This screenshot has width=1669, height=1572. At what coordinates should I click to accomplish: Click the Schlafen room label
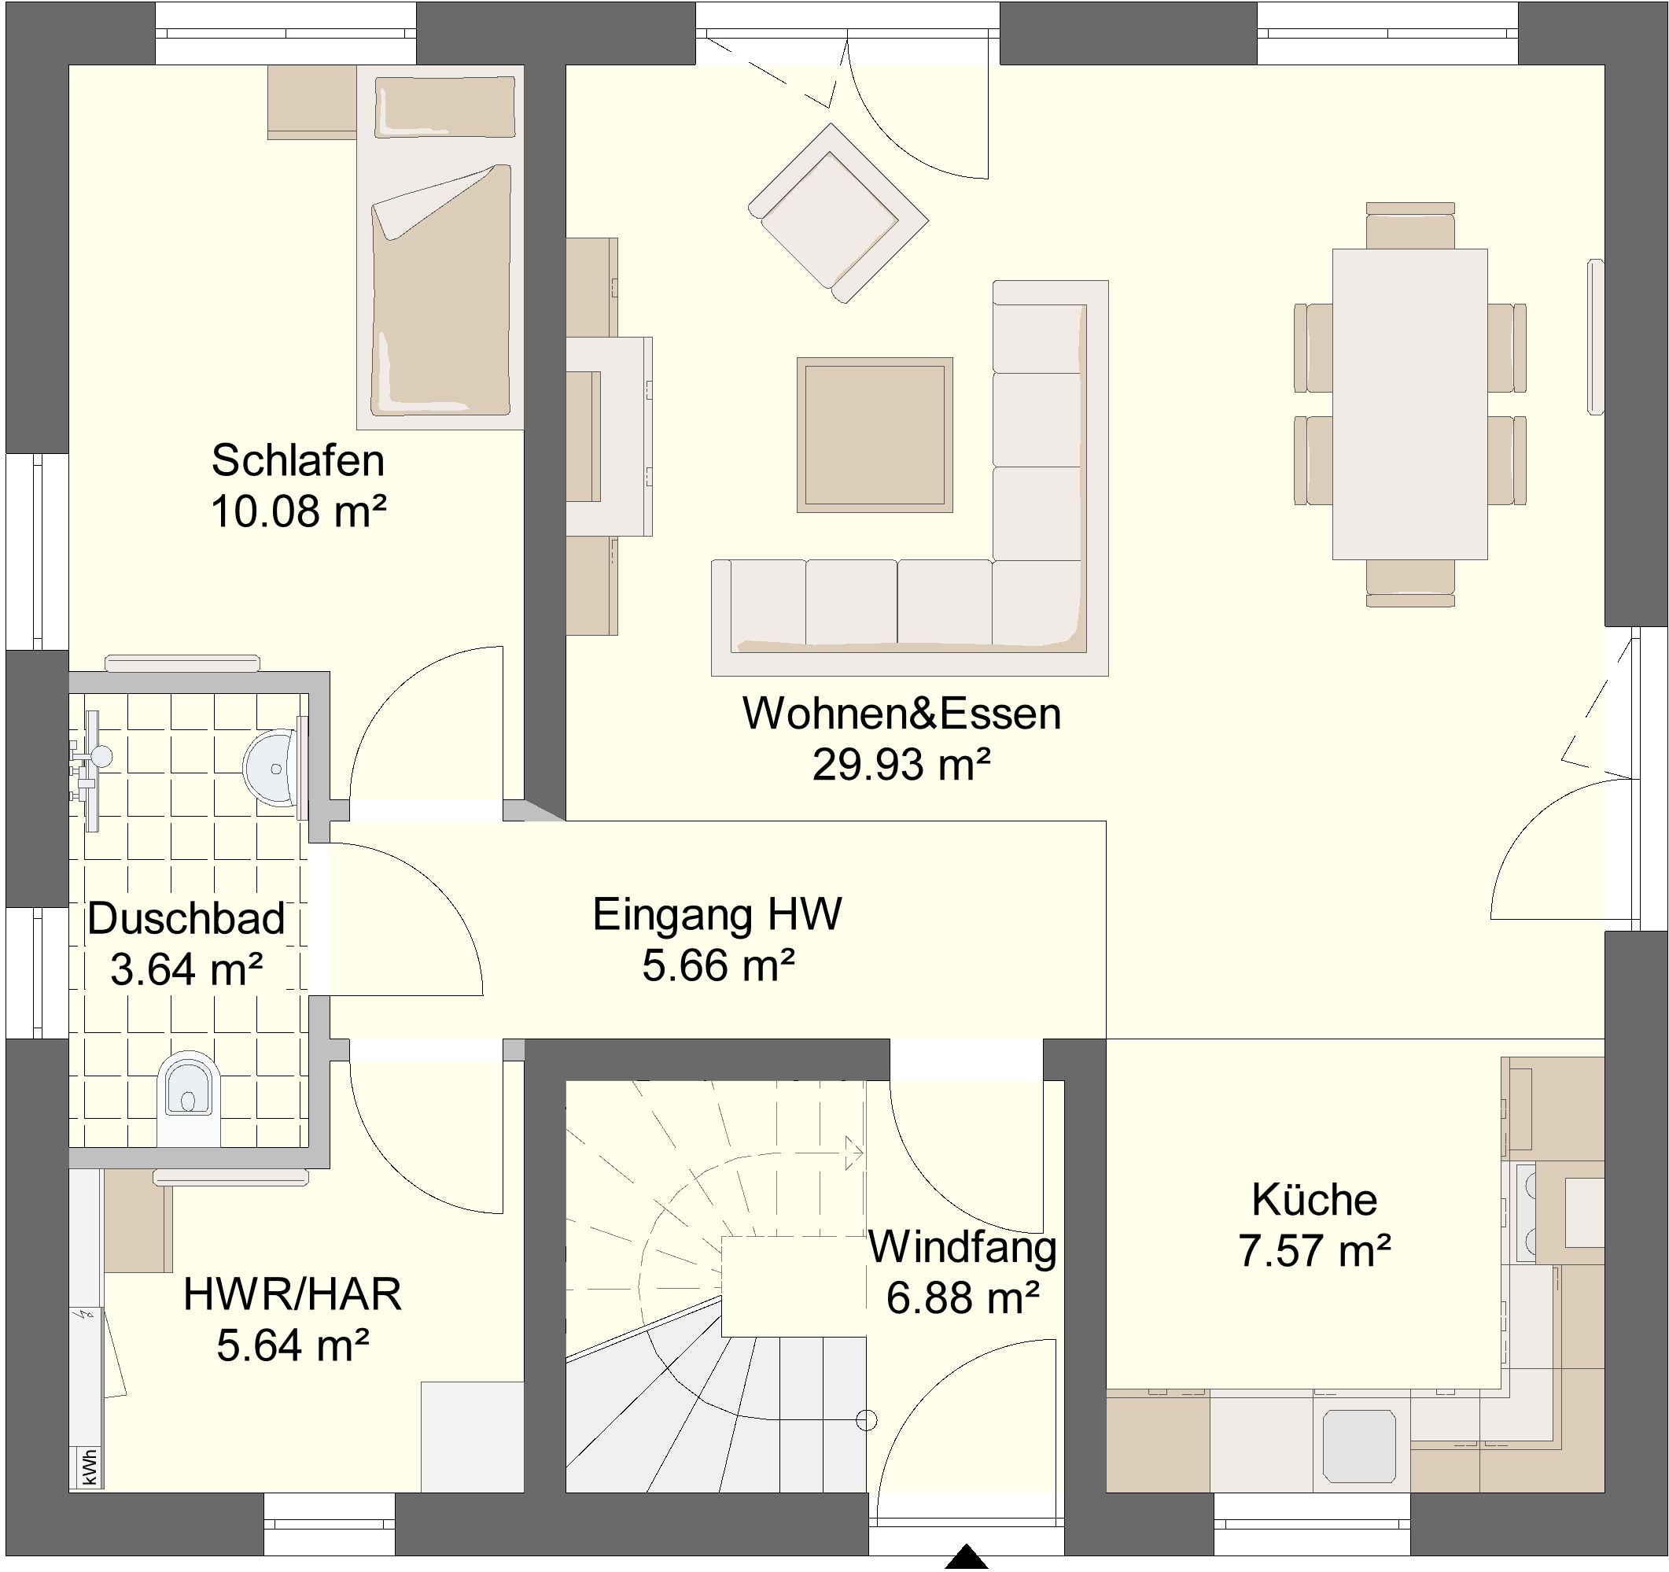tap(298, 460)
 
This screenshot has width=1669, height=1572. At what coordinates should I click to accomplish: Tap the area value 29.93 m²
tap(901, 764)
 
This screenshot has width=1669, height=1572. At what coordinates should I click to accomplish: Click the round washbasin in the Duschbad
tap(271, 766)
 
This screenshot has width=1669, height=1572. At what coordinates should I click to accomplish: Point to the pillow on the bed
tap(445, 107)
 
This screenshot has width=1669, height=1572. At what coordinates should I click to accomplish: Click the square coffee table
tap(875, 435)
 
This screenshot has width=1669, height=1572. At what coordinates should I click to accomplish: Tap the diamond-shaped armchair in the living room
tap(838, 213)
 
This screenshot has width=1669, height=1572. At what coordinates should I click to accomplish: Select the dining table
tap(1410, 404)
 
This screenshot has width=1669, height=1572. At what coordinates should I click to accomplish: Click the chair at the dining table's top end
tap(1410, 225)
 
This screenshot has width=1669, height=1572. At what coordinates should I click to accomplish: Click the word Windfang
tap(963, 1247)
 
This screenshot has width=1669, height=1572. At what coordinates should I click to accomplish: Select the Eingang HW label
tap(717, 914)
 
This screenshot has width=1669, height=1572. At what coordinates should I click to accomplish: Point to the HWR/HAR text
tap(292, 1294)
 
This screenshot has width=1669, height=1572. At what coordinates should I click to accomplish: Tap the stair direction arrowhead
tap(855, 1153)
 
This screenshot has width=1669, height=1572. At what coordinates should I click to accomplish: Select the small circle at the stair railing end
tap(867, 1420)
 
